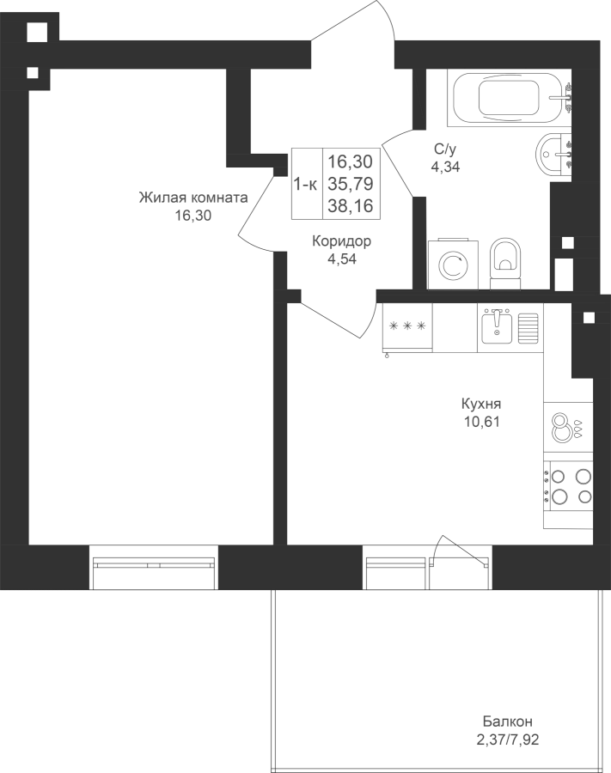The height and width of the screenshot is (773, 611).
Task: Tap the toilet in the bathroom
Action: click(x=505, y=263)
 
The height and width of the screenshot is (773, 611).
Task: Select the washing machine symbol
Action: click(x=453, y=265)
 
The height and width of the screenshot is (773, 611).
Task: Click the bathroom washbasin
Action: click(x=553, y=154)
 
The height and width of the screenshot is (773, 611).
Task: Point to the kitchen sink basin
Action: click(x=497, y=327)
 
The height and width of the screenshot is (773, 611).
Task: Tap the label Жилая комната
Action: click(x=193, y=198)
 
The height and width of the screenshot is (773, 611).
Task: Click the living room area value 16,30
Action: click(x=193, y=216)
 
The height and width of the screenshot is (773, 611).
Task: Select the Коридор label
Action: click(x=342, y=241)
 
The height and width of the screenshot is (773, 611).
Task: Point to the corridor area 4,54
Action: click(x=342, y=259)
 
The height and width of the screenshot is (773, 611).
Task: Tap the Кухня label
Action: click(x=481, y=405)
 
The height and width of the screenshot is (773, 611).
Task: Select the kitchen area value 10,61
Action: click(x=481, y=422)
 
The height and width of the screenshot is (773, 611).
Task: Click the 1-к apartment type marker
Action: click(x=306, y=185)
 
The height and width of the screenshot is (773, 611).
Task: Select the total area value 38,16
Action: click(x=351, y=206)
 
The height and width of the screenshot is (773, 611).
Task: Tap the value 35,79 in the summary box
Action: click(x=351, y=184)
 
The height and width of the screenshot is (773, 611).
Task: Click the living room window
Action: click(x=154, y=567)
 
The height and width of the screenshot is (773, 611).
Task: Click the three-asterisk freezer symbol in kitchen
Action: click(x=407, y=326)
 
